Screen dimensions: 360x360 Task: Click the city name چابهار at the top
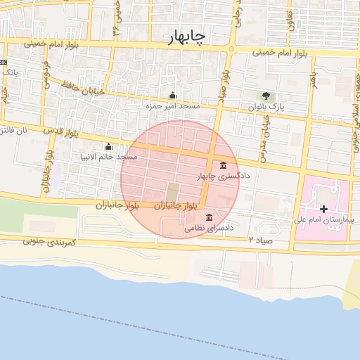[x=188, y=38]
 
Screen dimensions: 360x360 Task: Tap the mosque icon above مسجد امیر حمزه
[x=173, y=96]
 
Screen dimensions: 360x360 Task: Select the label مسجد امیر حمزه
[x=173, y=105]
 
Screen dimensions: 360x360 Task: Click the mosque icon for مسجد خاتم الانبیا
[x=108, y=147]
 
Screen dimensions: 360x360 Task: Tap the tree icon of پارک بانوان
[x=266, y=96]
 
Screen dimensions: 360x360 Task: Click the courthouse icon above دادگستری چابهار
[x=224, y=166]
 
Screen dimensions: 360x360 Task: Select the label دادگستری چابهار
[x=224, y=176]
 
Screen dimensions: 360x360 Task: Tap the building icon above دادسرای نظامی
[x=209, y=217]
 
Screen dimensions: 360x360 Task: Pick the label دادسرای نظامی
[x=209, y=228]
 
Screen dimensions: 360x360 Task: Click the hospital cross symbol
[x=323, y=209]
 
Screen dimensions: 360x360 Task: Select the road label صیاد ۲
[x=261, y=240]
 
